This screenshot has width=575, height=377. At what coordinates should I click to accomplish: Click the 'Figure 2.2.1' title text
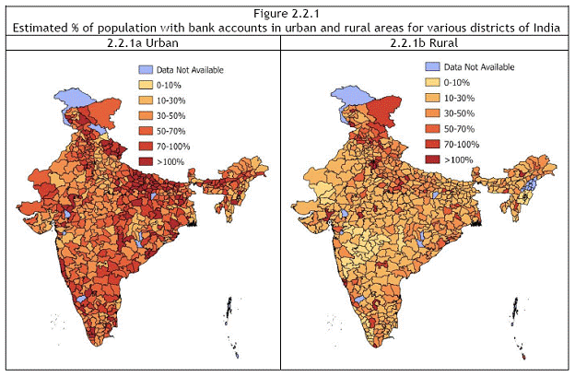287,13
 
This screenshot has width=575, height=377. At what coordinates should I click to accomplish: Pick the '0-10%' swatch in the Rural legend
430,82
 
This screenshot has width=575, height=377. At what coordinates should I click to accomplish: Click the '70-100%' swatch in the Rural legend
430,144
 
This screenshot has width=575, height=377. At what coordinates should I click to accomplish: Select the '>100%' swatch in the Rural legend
430,159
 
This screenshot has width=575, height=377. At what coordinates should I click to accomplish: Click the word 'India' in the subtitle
546,28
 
